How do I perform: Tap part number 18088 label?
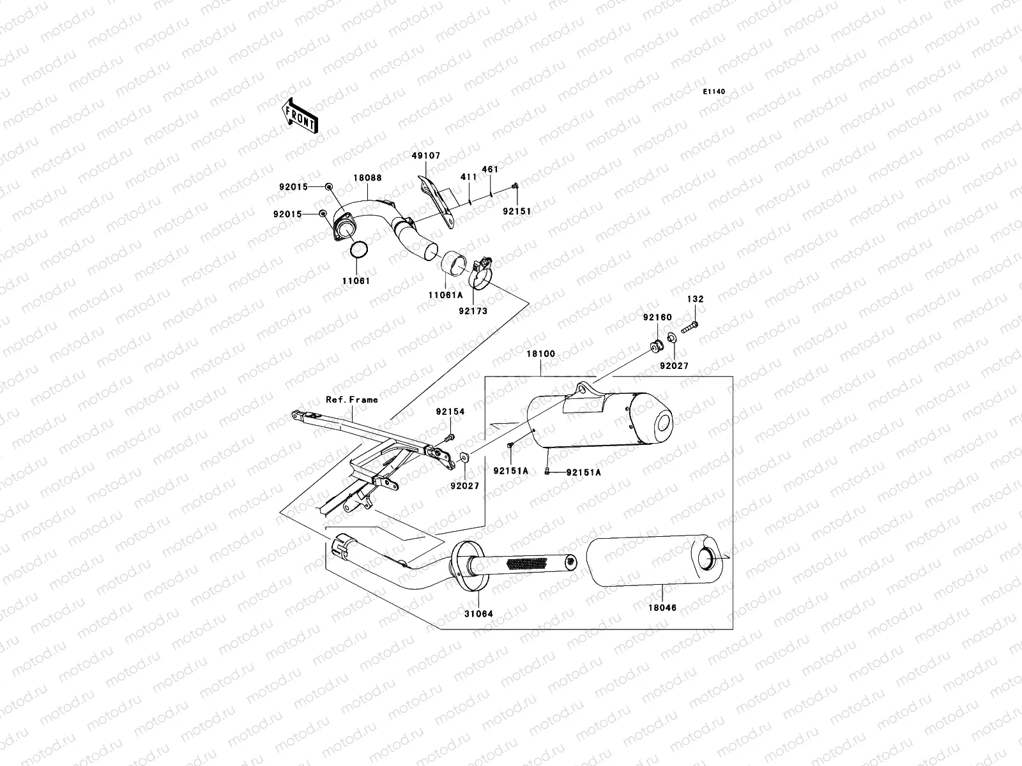pyautogui.click(x=368, y=178)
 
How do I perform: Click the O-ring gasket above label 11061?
pyautogui.click(x=360, y=251)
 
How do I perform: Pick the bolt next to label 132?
pyautogui.click(x=689, y=327)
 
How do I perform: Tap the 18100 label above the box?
pyautogui.click(x=540, y=354)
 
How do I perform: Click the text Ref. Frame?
pyautogui.click(x=352, y=400)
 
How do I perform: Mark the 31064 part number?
pyautogui.click(x=478, y=614)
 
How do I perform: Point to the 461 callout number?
pyautogui.click(x=490, y=170)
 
